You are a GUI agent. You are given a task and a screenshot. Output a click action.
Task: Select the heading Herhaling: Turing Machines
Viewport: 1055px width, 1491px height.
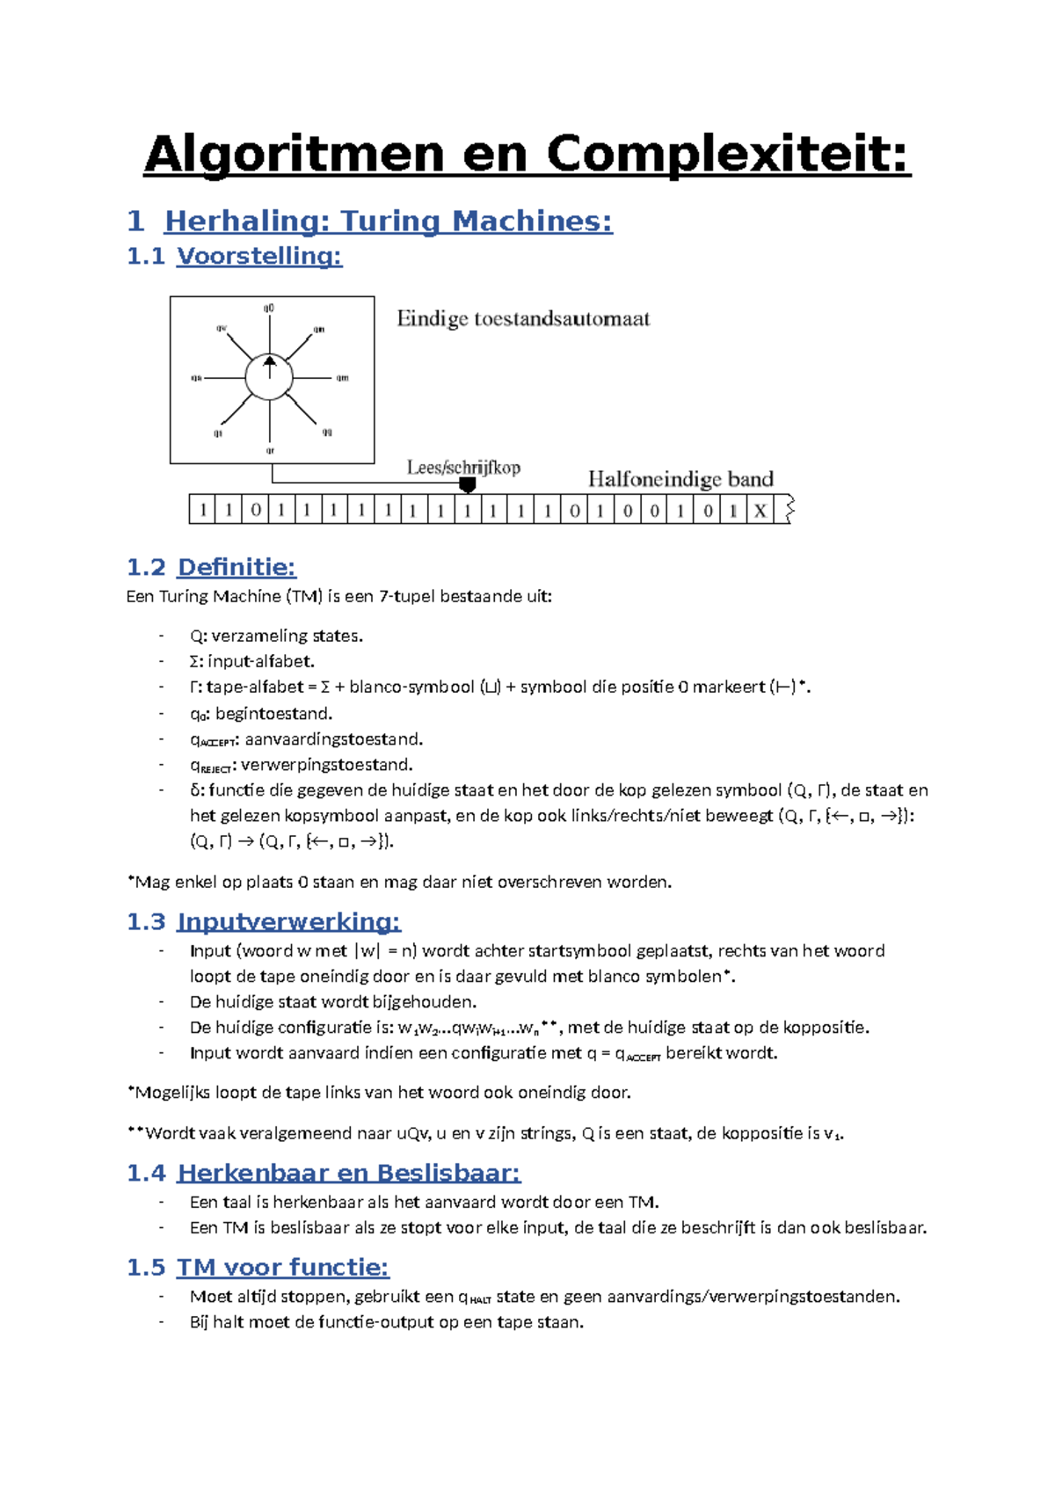pos(388,221)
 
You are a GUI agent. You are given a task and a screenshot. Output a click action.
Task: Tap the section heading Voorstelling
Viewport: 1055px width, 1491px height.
pos(258,256)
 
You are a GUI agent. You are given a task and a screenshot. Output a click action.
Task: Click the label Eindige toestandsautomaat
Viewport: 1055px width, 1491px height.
pos(523,318)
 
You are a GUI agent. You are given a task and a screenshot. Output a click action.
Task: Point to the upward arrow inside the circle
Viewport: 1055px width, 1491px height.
pos(270,366)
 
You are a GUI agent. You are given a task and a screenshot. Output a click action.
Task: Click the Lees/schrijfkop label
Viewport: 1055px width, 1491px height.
pos(463,468)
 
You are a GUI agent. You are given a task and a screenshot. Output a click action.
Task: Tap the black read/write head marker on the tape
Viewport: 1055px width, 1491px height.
pos(468,484)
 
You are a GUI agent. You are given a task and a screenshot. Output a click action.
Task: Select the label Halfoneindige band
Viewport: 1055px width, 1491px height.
pos(680,479)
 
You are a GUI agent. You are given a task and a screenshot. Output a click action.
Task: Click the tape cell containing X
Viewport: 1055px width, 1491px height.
pos(760,511)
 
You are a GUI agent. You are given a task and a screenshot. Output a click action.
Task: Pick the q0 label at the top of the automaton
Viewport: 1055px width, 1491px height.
pos(269,309)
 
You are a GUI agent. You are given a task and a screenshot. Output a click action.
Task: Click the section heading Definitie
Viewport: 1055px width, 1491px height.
pos(236,567)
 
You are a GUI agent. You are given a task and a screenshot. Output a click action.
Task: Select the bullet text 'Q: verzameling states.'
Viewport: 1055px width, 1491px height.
pos(276,636)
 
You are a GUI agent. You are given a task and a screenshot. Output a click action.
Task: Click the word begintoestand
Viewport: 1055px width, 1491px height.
pos(273,713)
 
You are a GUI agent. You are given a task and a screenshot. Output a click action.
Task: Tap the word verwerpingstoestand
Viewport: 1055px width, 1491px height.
pos(328,765)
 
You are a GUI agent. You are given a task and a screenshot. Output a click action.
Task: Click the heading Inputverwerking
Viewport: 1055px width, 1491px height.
pos(288,921)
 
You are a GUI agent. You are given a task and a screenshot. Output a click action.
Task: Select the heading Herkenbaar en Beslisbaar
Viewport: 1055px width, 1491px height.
pos(348,1173)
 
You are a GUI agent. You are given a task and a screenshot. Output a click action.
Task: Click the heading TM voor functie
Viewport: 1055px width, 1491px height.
pos(282,1267)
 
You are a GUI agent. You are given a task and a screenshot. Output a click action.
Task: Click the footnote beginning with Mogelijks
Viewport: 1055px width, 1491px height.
pos(380,1093)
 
